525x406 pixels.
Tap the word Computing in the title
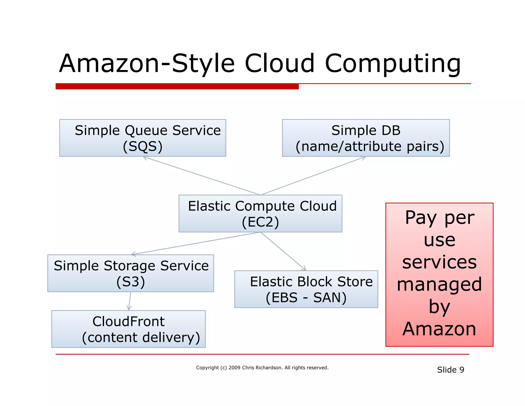point(393,63)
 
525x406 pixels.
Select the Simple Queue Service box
point(143,138)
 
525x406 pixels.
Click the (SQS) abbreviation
point(143,146)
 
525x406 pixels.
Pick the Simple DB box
point(366,138)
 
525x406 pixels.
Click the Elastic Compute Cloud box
point(260,214)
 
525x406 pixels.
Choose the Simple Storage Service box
point(130,273)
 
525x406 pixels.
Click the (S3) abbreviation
point(130,282)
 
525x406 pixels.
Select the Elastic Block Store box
point(306,289)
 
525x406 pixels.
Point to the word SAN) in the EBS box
point(330,298)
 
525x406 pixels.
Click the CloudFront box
point(128,329)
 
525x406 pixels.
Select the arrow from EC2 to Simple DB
point(313,176)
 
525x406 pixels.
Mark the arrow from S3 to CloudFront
point(130,301)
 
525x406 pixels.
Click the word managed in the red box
point(439,284)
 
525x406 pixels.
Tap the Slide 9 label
point(450,370)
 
